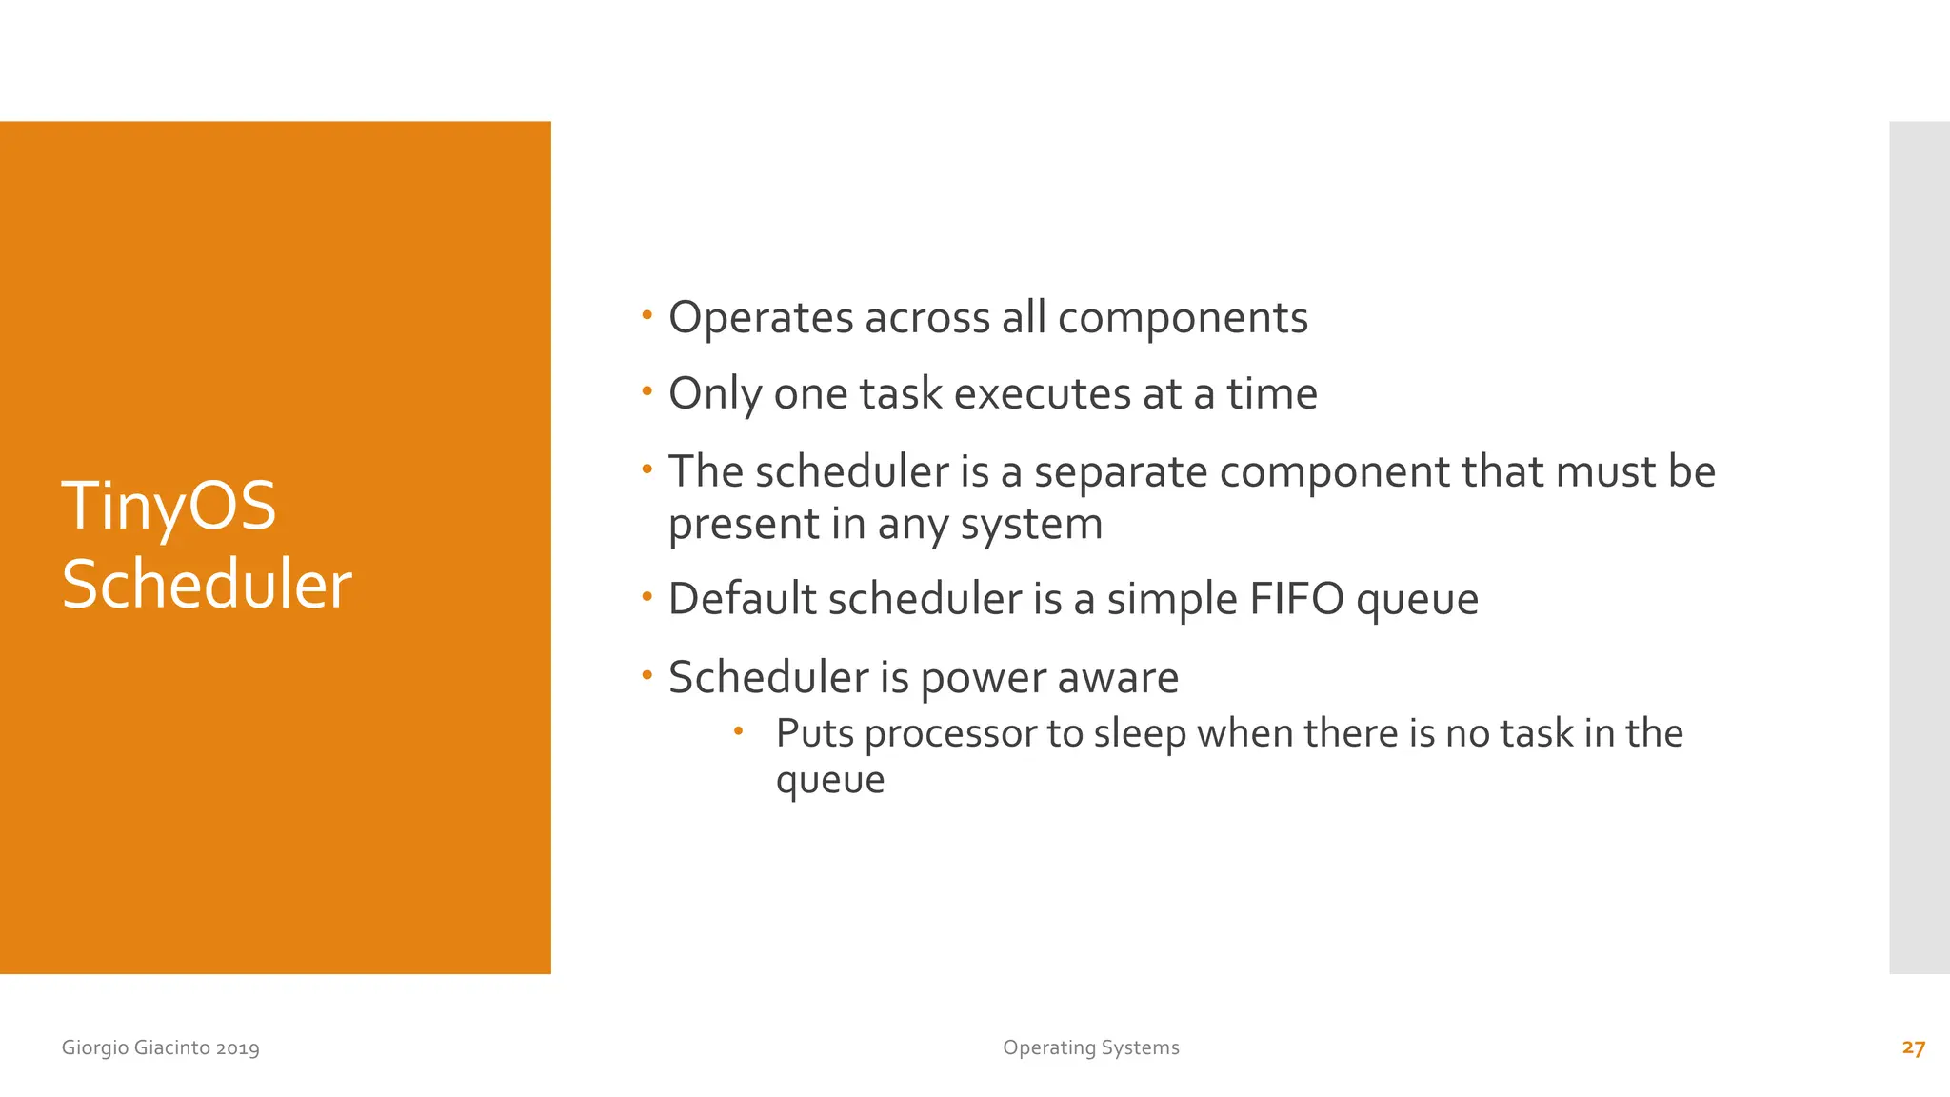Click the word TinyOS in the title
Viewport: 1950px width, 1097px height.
tap(169, 507)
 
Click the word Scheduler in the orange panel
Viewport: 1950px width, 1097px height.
tap(207, 585)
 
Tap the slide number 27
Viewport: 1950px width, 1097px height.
tap(1913, 1047)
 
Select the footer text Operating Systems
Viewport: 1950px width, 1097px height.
tap(1090, 1047)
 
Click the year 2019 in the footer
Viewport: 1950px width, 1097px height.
tap(237, 1048)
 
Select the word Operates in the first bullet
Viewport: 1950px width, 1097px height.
tap(761, 318)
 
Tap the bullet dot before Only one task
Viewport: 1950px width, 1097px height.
tap(647, 390)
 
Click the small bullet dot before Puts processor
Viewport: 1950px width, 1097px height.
tap(738, 731)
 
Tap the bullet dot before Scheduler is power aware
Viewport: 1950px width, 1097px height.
tap(647, 675)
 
